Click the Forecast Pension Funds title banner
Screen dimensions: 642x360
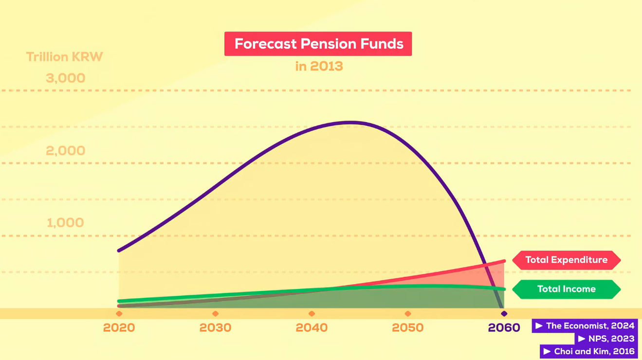point(318,44)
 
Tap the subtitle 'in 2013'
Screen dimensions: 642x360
point(319,66)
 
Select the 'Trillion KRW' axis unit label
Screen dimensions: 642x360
point(64,57)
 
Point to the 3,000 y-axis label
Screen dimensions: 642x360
point(66,78)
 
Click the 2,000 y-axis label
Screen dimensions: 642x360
point(66,151)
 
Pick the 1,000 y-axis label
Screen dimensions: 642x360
point(65,222)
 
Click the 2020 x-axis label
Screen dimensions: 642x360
point(119,327)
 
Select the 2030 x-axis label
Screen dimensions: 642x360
point(215,327)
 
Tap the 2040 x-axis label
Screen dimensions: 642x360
point(312,327)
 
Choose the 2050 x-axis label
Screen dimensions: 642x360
point(408,327)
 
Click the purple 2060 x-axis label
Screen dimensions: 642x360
point(504,327)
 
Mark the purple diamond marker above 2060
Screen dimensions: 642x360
point(504,314)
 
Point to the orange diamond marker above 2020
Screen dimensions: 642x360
point(119,314)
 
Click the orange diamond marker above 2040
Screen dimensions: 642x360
point(312,314)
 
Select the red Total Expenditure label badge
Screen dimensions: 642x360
point(567,260)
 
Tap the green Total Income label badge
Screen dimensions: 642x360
point(567,289)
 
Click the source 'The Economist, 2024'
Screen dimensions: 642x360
point(585,326)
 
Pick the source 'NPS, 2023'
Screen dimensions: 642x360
point(606,339)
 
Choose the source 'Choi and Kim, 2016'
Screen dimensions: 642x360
point(589,351)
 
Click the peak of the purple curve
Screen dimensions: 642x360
point(351,123)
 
